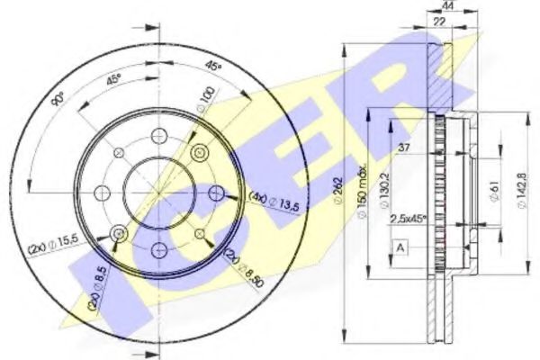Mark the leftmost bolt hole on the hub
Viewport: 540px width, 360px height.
pos(101,192)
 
